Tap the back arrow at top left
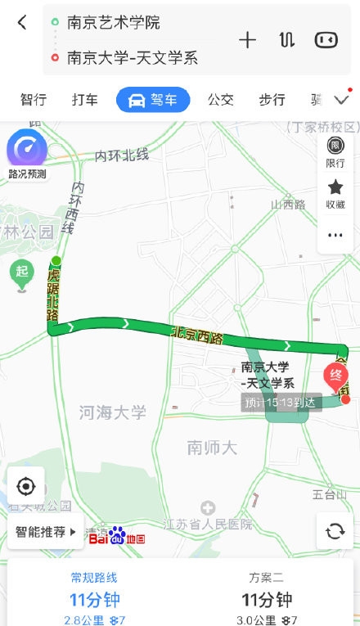tap(22, 23)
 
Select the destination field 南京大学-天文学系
tap(133, 58)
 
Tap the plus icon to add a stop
tap(247, 40)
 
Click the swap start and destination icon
tap(286, 40)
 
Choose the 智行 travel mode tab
tap(34, 100)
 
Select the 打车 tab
tap(85, 100)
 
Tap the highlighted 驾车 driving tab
tap(153, 100)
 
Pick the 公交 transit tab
tap(221, 100)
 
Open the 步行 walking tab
tap(272, 100)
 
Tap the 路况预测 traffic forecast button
tap(27, 156)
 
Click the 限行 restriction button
tap(335, 152)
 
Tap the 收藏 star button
tap(335, 193)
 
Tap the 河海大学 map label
tap(113, 412)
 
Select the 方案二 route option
tap(266, 589)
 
